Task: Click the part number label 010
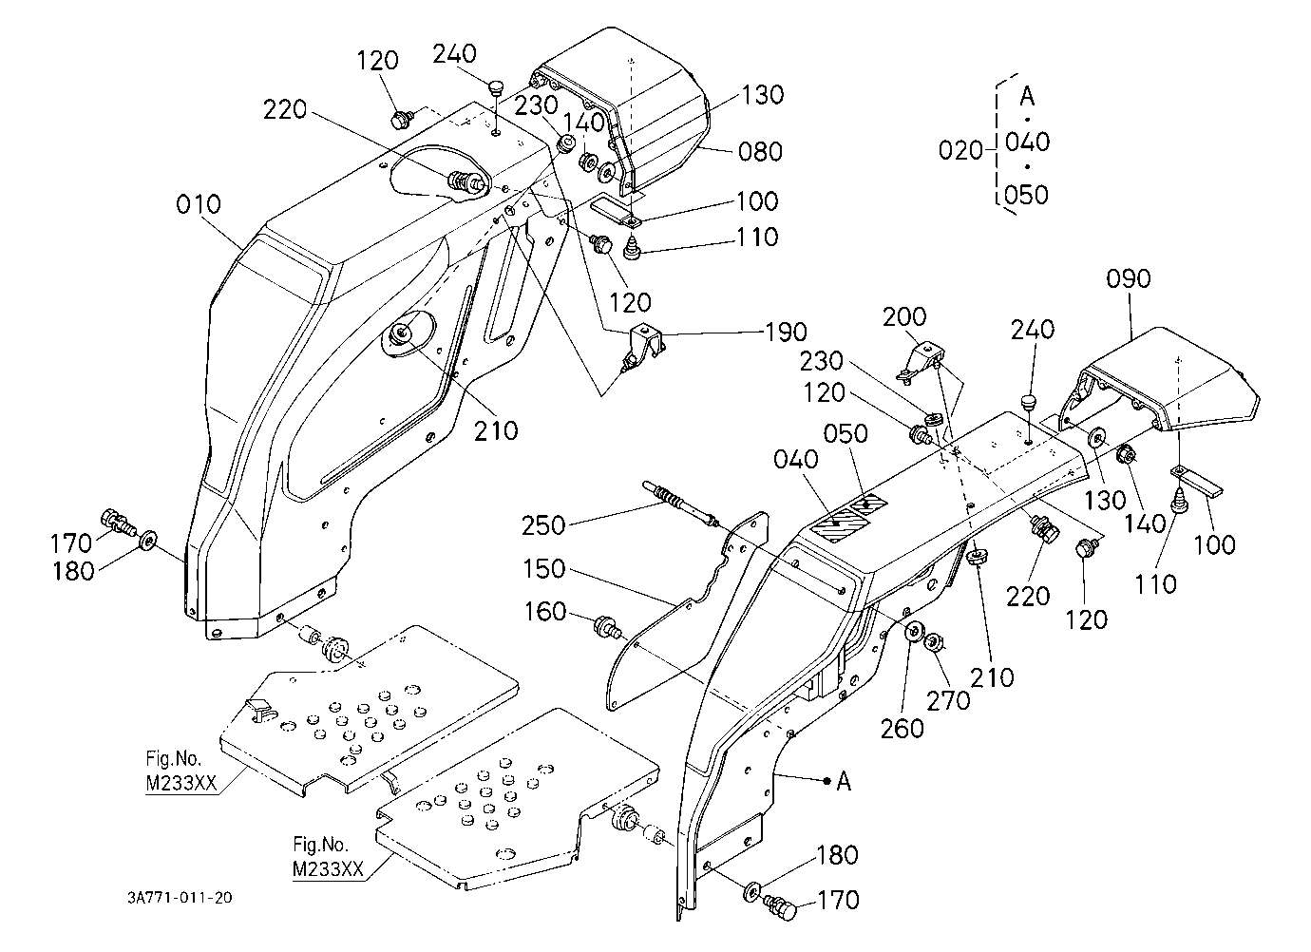[x=199, y=205]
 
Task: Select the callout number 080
[x=760, y=152]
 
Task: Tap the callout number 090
[x=1129, y=278]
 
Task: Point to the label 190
[x=786, y=332]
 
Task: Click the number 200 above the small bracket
[x=904, y=316]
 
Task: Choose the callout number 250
[x=543, y=525]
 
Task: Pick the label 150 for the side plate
[x=543, y=568]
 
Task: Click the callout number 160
[x=544, y=612]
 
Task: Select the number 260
[x=902, y=729]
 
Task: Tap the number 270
[x=948, y=700]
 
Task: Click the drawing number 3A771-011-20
[x=180, y=898]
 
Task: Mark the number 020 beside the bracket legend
[x=960, y=150]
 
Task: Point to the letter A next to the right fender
[x=844, y=781]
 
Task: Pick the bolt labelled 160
[x=607, y=626]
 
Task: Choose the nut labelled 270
[x=932, y=642]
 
